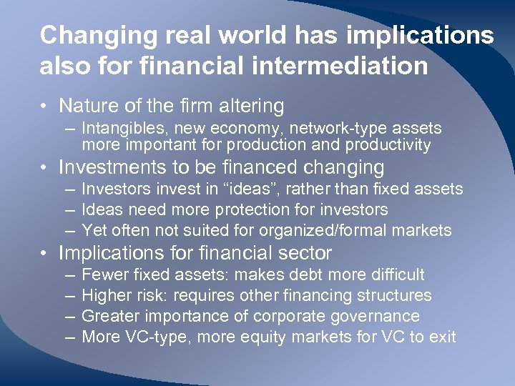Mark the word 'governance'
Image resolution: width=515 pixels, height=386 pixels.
pyautogui.click(x=376, y=316)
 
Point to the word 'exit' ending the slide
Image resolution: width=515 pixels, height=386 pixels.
pyautogui.click(x=442, y=337)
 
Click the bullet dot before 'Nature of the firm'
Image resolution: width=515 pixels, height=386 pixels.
pyautogui.click(x=44, y=107)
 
